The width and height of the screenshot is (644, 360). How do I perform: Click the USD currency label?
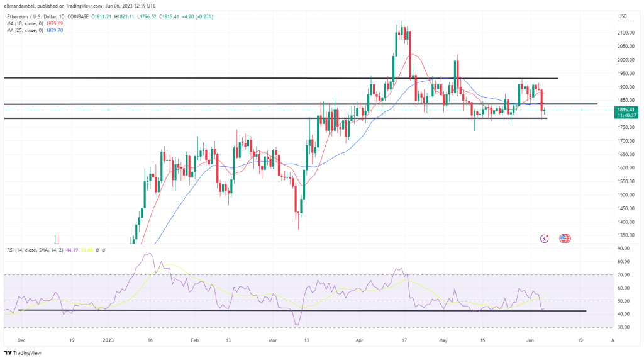(x=623, y=16)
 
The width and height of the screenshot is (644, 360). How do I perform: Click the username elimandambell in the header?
(x=23, y=6)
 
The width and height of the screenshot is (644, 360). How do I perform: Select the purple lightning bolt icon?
(x=545, y=239)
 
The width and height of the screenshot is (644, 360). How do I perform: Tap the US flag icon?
(x=563, y=239)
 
